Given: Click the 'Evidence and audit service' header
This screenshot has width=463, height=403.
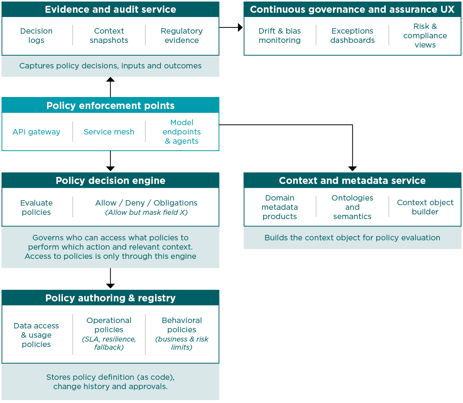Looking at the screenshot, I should point(110,10).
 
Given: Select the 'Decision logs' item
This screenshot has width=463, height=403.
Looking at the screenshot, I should point(36,36).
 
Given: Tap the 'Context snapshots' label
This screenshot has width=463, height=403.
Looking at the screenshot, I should point(109,36).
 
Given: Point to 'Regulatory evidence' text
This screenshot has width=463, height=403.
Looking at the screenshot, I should point(182,36).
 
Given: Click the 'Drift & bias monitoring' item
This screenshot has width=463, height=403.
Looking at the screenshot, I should point(280,36).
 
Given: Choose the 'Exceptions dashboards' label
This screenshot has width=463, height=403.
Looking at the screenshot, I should point(352,36).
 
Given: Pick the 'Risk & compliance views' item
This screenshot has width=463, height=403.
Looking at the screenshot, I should point(425,36).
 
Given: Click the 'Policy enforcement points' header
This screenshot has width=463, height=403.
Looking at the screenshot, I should point(110,105).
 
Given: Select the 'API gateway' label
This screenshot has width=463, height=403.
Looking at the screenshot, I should point(36,132).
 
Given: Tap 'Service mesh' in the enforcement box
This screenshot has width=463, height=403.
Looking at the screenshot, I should point(109,132).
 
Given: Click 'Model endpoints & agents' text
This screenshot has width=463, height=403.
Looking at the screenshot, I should point(182,132).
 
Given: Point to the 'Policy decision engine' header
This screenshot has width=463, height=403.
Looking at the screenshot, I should point(110,180).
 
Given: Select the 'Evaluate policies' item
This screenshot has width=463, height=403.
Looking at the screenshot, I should point(36,207).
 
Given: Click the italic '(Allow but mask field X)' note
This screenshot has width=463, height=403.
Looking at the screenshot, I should point(146,213).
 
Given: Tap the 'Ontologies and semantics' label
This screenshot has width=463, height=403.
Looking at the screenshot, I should point(352,207).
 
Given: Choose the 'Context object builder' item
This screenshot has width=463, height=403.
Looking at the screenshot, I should point(425,207).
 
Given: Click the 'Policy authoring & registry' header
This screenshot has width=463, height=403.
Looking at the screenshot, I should point(110,298).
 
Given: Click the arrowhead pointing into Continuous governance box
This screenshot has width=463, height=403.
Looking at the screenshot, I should point(240,27).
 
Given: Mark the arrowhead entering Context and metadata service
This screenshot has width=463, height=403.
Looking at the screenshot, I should point(352,168).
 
